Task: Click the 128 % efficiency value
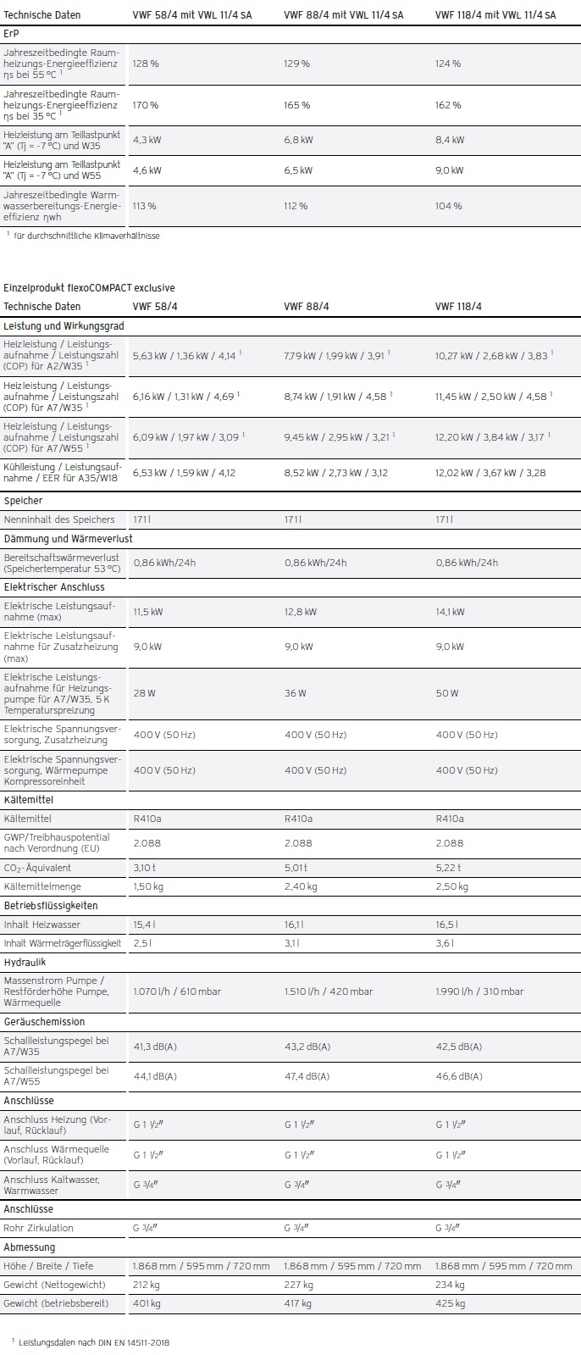[x=146, y=64]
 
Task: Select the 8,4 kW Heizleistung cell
[x=450, y=140]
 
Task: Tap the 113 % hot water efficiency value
[x=145, y=206]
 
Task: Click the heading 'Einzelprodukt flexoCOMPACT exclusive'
[x=89, y=288]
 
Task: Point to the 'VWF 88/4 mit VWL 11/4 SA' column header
[x=343, y=15]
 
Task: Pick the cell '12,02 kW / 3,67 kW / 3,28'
[x=490, y=473]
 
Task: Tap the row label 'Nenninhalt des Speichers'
[x=58, y=519]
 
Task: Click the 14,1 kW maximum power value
[x=450, y=612]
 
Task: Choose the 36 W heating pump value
[x=296, y=693]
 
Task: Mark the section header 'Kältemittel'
[x=28, y=800]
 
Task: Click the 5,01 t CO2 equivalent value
[x=296, y=868]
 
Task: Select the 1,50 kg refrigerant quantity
[x=147, y=886]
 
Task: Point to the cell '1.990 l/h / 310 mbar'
[x=479, y=991]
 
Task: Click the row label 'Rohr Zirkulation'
[x=39, y=1228]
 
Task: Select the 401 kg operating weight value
[x=147, y=1303]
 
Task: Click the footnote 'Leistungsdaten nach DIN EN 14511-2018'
[x=94, y=1342]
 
